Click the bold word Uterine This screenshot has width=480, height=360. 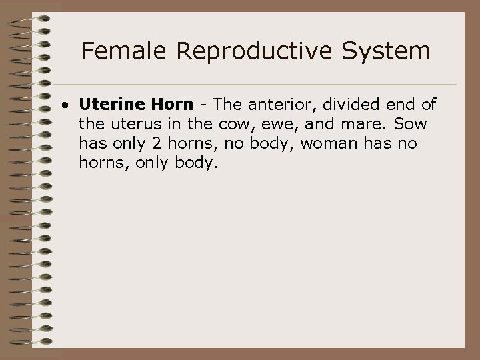[108, 105]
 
